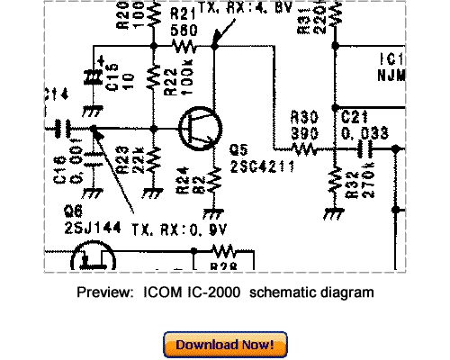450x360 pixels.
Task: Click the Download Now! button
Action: click(225, 344)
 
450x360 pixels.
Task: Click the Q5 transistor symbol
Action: click(197, 130)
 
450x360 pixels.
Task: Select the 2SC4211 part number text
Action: click(261, 167)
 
